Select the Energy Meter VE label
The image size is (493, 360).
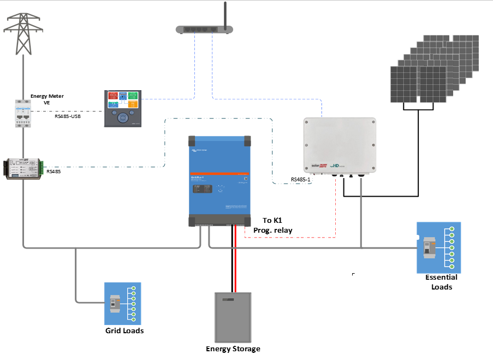click(47, 99)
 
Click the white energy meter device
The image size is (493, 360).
click(23, 114)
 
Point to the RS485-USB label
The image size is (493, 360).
click(68, 116)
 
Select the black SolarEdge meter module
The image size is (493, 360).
click(24, 169)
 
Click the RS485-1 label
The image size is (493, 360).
click(301, 179)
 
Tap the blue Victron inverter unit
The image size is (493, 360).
click(220, 180)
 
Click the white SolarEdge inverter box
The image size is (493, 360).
click(339, 145)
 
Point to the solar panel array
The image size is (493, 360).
click(434, 70)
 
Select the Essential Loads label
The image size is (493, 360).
click(442, 282)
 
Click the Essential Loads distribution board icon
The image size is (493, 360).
click(438, 247)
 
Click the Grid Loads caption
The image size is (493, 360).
click(124, 331)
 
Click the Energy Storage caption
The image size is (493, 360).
click(233, 349)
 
